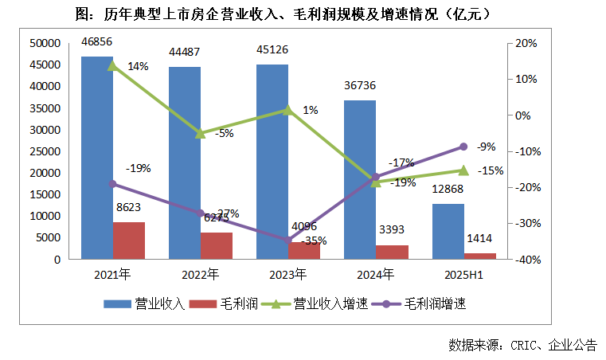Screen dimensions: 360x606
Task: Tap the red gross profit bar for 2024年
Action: click(391, 252)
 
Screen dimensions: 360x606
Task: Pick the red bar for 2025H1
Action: click(480, 256)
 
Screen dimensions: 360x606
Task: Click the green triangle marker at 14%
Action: click(112, 65)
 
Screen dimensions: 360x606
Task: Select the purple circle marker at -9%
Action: click(463, 147)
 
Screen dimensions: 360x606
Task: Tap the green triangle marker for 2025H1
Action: click(463, 170)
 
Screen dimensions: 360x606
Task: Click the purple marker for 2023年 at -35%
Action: click(287, 240)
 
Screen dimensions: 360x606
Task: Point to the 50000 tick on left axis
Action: click(44, 43)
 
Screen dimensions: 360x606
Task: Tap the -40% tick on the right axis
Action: click(528, 260)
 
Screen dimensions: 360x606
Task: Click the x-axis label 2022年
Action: click(200, 275)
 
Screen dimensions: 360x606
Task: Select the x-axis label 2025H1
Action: click(463, 275)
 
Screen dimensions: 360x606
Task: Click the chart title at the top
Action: click(303, 14)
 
